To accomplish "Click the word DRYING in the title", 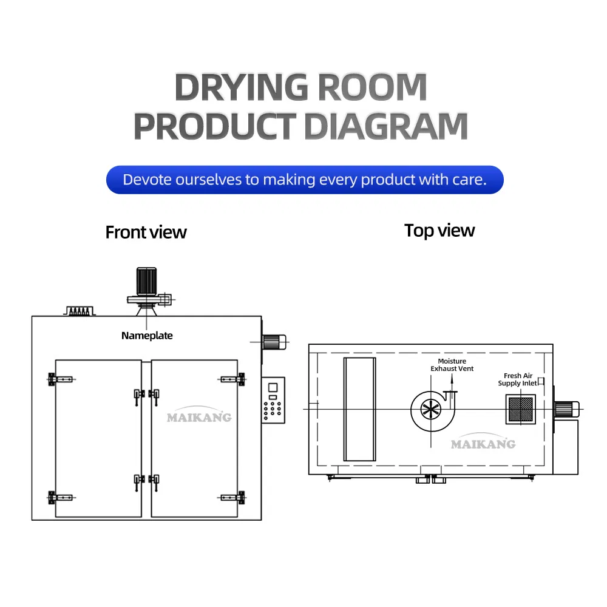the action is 242,87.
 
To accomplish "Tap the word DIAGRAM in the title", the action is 386,126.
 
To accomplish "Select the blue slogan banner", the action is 305,180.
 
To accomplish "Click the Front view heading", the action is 146,232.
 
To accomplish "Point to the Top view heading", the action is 439,231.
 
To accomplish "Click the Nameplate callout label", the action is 147,336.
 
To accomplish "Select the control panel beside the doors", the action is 273,400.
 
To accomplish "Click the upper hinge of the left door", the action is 60,379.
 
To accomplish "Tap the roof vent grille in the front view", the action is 80,311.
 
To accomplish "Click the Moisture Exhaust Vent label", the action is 452,365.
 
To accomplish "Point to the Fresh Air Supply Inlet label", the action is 518,379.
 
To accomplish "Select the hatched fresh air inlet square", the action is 521,409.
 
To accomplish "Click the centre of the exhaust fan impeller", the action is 431,409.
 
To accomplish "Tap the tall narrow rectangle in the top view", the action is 359,409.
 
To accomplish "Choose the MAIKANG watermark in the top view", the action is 483,442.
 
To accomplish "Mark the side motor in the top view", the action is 567,409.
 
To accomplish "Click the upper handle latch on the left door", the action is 138,396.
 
